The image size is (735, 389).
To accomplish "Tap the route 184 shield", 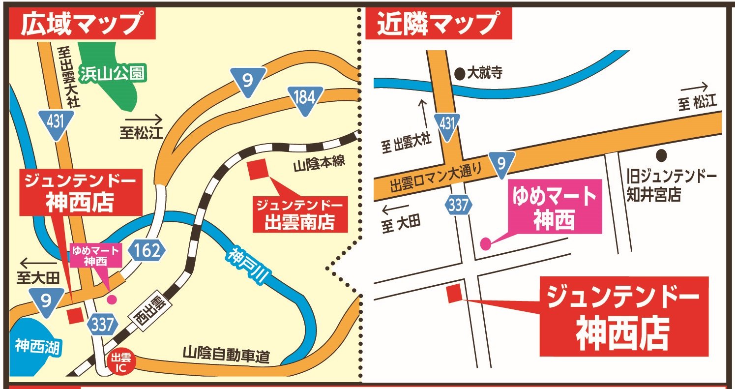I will (304, 99).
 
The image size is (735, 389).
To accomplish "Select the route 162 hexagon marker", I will (146, 251).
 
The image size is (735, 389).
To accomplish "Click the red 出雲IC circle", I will (119, 363).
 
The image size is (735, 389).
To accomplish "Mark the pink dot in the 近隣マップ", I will (485, 243).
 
